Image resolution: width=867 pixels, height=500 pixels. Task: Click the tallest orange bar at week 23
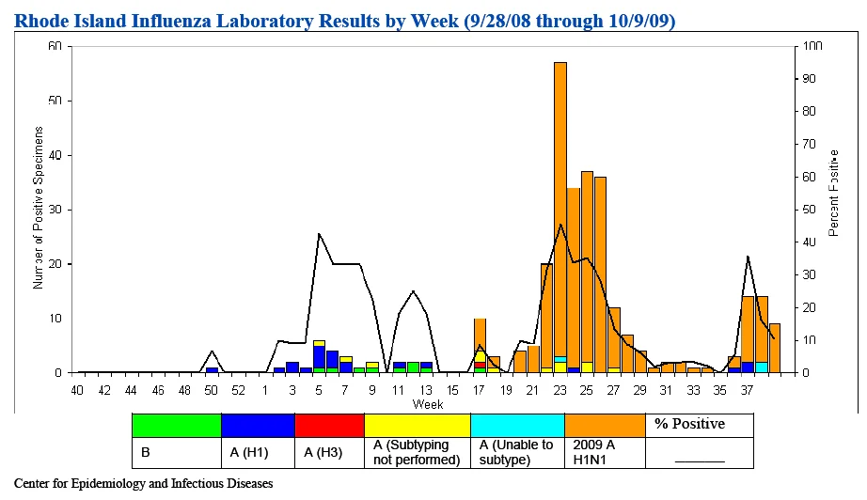(560, 209)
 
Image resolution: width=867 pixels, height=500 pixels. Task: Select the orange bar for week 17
(480, 335)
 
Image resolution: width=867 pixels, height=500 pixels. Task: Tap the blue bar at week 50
(212, 370)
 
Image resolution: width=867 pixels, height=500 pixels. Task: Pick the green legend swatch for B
(177, 426)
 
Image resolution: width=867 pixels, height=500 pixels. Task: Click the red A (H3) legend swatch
(329, 426)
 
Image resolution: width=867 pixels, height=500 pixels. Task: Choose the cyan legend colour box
(517, 426)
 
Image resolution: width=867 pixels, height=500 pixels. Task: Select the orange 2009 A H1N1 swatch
(605, 426)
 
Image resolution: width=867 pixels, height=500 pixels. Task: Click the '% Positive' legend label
(689, 424)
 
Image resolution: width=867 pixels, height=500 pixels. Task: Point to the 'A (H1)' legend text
(249, 452)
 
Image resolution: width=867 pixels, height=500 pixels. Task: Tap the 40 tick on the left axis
(55, 156)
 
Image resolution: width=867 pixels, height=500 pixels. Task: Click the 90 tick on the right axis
(809, 79)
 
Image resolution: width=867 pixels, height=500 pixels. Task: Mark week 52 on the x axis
(238, 391)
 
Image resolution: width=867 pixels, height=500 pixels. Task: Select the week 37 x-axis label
(747, 391)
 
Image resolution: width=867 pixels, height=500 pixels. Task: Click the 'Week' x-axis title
(428, 404)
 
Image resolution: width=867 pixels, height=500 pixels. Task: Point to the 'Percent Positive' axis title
(834, 194)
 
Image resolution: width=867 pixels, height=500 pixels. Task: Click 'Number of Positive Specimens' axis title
(38, 208)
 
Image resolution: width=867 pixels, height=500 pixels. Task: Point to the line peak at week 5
(319, 234)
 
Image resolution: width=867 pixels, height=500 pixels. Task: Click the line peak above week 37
(748, 257)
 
